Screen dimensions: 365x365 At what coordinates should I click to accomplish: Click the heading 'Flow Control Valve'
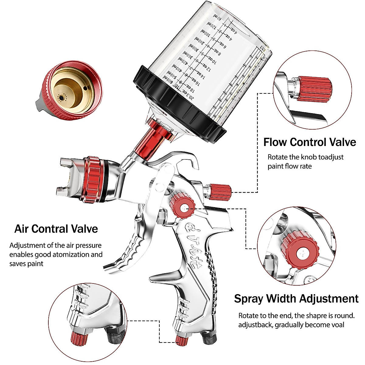click(x=309, y=142)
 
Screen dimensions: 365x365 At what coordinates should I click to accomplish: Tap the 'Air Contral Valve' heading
click(x=56, y=229)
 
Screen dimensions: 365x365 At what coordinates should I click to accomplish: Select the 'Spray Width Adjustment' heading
click(x=296, y=299)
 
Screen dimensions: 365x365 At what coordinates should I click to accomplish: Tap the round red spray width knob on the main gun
click(x=182, y=207)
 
